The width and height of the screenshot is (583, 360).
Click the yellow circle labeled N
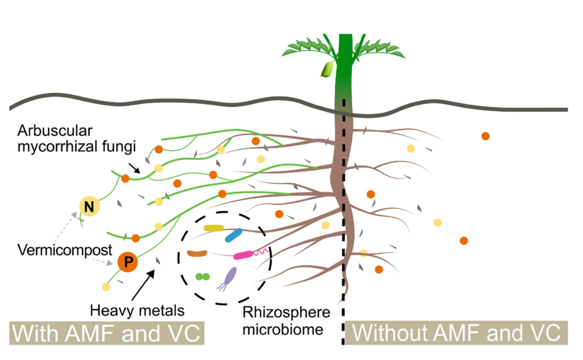point(89,206)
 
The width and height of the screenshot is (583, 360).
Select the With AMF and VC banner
point(107,332)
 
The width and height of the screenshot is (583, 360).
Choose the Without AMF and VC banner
point(456,332)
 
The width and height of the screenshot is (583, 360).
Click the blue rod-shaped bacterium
point(234,235)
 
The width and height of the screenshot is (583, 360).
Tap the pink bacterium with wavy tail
point(243,255)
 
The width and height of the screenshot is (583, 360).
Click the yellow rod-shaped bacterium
point(213,228)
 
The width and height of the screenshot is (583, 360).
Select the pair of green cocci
point(203,277)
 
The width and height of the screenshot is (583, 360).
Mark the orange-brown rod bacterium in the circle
point(197,253)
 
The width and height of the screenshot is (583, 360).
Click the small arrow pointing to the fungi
point(134,168)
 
